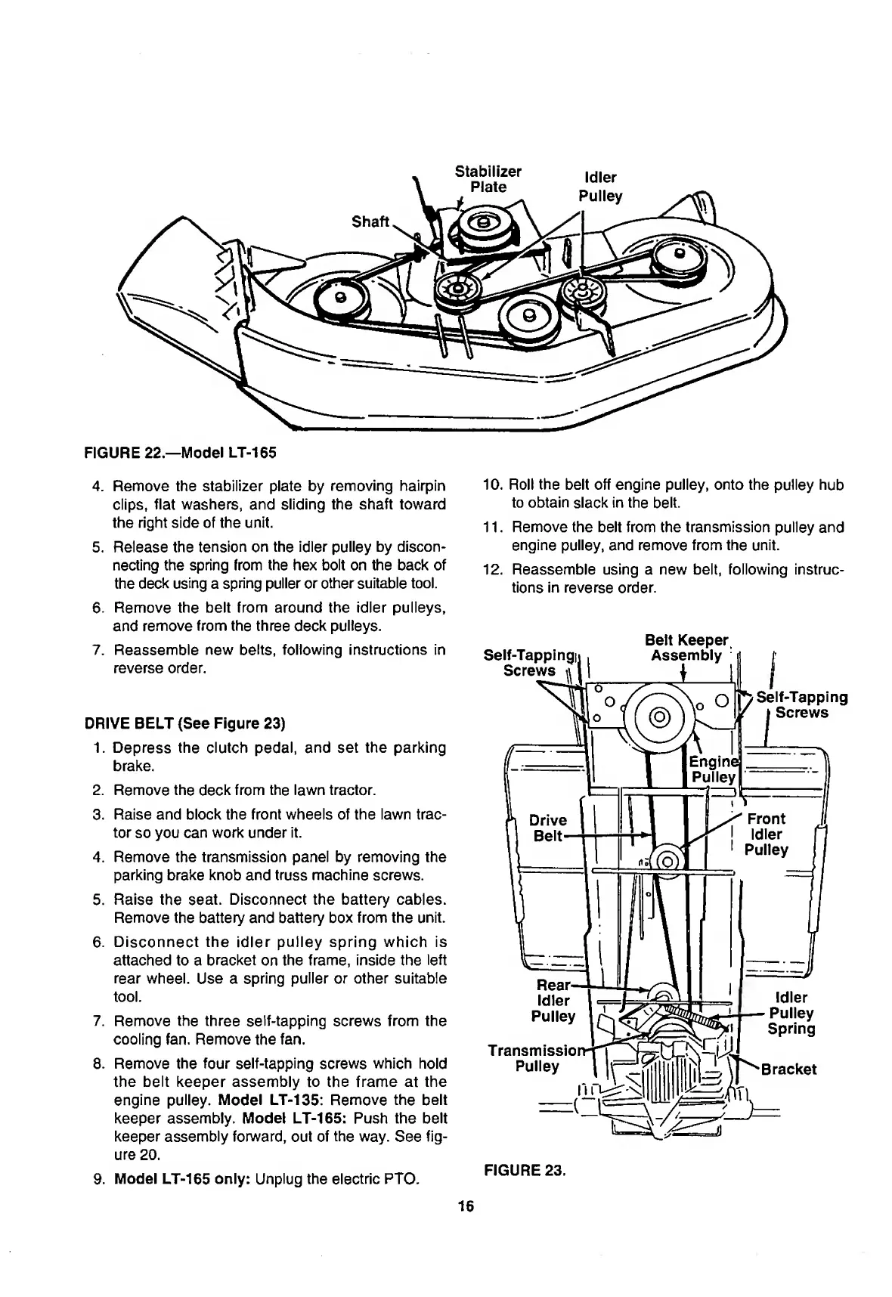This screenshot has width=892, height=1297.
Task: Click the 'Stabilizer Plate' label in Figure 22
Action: [488, 179]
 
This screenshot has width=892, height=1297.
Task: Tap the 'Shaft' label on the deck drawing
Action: [370, 221]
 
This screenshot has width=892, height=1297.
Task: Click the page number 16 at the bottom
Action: [465, 1206]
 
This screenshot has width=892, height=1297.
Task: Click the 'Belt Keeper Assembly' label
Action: [686, 648]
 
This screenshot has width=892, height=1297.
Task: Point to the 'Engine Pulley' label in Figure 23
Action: [714, 769]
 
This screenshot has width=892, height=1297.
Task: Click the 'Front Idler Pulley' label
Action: [765, 834]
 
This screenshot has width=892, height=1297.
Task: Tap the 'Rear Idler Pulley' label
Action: [554, 1001]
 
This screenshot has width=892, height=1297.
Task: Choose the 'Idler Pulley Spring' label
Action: [791, 1013]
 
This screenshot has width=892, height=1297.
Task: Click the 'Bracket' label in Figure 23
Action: [788, 1069]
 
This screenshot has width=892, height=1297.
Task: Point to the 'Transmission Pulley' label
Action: [536, 1058]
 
